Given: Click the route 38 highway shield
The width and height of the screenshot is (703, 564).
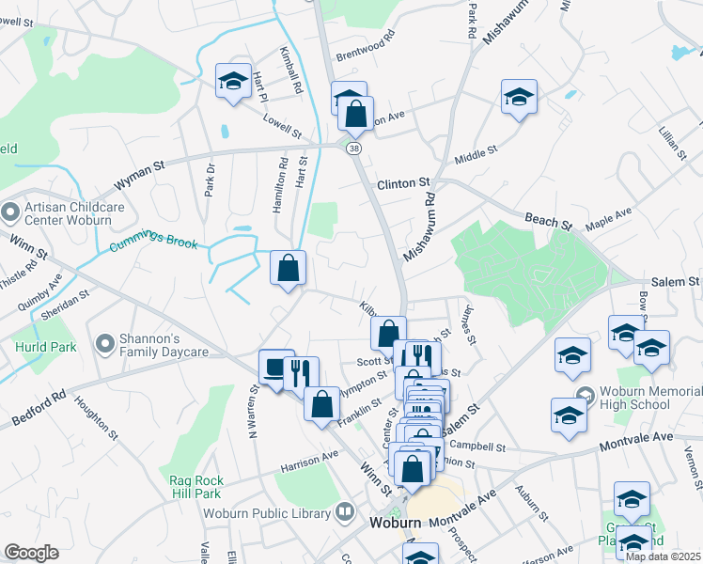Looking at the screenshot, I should (x=353, y=149).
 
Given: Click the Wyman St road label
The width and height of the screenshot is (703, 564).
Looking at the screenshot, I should (x=139, y=173).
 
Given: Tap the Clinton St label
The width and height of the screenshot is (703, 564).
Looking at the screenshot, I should (x=403, y=183).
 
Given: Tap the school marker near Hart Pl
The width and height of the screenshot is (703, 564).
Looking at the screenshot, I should (x=232, y=81).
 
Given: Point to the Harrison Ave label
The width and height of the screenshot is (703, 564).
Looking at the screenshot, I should (x=308, y=458).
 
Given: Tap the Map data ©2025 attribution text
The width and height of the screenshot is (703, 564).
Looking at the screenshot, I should (x=664, y=556).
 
